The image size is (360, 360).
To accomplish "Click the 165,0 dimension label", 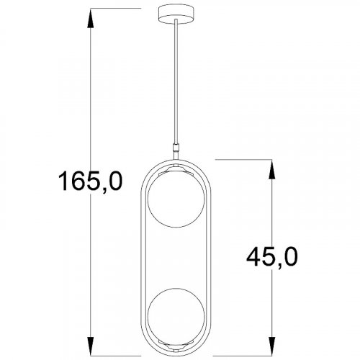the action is [x=90, y=181].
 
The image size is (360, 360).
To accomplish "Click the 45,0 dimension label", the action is [x=272, y=258].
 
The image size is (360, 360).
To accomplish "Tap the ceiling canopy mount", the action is [x=176, y=14].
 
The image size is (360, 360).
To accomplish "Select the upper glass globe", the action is [x=176, y=199].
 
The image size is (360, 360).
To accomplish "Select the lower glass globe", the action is [x=176, y=316].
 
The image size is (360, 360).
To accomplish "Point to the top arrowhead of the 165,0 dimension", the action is [x=91, y=19].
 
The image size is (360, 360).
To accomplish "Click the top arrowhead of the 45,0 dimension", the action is [x=271, y=169].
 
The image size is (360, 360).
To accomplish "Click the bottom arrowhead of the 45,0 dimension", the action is [x=271, y=346].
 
